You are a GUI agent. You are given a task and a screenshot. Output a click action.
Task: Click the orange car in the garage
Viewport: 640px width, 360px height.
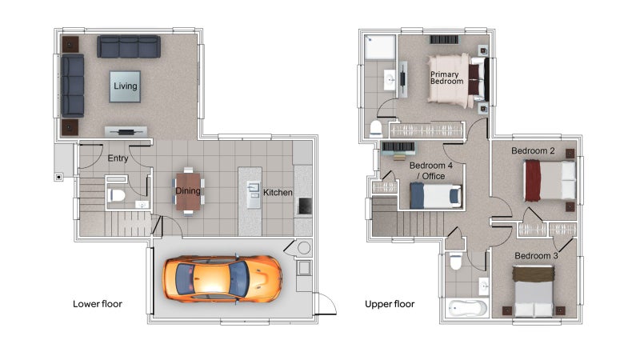tap(222, 279)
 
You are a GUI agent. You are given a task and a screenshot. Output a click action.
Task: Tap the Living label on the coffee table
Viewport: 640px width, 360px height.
tap(126, 86)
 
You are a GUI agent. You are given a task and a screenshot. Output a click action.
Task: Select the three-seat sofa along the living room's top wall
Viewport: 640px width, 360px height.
tap(129, 46)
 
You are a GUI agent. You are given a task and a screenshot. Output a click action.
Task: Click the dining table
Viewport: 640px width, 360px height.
tap(188, 191)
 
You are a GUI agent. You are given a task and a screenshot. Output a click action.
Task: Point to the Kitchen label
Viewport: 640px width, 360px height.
tap(278, 192)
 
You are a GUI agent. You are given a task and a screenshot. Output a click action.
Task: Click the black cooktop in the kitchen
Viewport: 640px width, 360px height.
tap(305, 206)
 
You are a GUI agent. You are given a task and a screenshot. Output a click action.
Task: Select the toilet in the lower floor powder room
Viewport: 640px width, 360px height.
tap(116, 195)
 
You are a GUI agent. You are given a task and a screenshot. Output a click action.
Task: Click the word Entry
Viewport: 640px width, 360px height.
tap(118, 158)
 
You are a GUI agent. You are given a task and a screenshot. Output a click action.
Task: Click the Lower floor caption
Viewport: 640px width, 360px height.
tap(98, 304)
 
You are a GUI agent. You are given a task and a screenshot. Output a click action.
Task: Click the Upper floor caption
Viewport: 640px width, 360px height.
tap(390, 304)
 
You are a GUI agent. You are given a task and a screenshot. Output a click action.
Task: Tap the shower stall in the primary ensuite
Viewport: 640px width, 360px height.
tap(380, 48)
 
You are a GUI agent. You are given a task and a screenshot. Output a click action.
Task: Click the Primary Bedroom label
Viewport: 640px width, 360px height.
tap(447, 78)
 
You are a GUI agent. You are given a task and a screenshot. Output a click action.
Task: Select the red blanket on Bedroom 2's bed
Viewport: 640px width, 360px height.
tap(532, 181)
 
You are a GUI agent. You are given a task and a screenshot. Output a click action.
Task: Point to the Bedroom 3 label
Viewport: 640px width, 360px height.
tap(536, 256)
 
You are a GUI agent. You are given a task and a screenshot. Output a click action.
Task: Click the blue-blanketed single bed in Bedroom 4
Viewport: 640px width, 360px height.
tap(435, 195)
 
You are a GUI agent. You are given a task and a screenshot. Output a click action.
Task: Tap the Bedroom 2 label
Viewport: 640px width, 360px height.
tap(533, 151)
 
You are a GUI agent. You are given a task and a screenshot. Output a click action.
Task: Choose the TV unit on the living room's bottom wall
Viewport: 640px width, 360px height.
tap(126, 132)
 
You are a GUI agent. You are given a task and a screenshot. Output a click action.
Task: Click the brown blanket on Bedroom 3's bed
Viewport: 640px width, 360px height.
tap(533, 274)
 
